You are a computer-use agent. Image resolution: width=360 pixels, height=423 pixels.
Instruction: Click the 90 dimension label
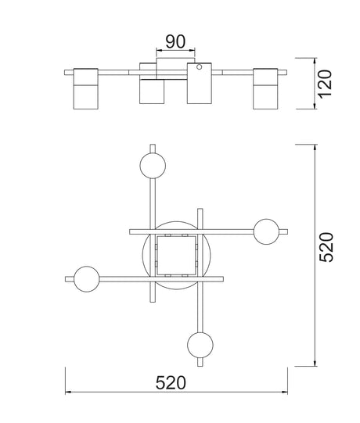175,41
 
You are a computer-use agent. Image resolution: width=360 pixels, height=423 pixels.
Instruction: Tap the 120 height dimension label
324,84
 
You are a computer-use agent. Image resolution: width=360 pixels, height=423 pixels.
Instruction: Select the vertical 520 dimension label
326,247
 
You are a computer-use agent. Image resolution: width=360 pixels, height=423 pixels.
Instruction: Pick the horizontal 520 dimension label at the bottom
171,382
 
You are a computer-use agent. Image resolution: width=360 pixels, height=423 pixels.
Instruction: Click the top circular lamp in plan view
153,166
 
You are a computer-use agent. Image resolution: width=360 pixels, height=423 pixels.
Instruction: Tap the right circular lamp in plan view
266,231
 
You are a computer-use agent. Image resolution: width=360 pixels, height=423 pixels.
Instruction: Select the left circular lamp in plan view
86,279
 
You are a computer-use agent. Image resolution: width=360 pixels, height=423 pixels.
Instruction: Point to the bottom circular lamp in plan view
200,345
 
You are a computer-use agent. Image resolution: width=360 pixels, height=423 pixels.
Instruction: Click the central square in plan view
176,256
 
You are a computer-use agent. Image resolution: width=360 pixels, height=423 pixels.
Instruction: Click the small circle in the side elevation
199,66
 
